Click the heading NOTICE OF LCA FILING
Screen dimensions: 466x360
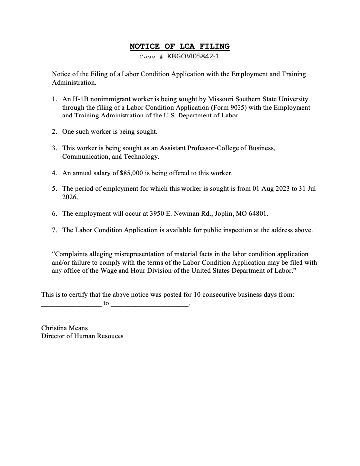click(x=180, y=46)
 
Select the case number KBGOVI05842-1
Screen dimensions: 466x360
click(x=193, y=57)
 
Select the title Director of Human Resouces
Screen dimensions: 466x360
click(x=82, y=336)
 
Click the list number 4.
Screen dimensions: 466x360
click(x=54, y=173)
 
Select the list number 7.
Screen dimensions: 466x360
click(x=54, y=230)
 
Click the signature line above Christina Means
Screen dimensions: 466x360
click(x=96, y=323)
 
